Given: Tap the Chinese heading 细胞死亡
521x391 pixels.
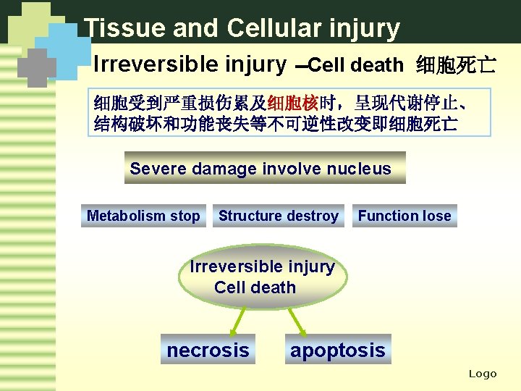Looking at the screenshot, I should pos(456,66).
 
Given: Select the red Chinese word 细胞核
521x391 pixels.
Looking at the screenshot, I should pos(293,103).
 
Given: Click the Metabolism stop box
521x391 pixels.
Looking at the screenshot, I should pos(143,216).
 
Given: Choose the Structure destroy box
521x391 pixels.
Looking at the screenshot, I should pos(279,216).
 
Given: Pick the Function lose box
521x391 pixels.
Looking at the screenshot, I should pos(404,216).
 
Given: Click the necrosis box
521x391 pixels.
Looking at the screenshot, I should pos(208,350).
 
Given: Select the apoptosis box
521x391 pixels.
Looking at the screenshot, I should pos(337,350).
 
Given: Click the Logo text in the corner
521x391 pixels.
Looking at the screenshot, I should pos(483,374).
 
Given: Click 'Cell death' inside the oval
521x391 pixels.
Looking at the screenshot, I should pos(255,287).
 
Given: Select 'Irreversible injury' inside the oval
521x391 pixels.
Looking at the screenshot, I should pos(262,266).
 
